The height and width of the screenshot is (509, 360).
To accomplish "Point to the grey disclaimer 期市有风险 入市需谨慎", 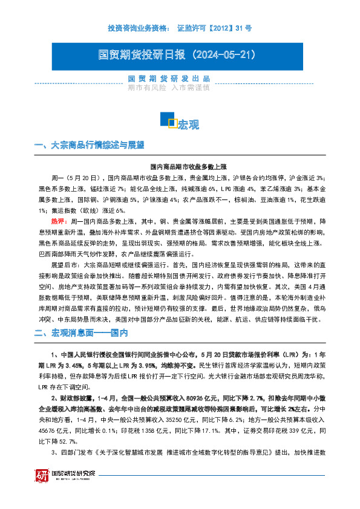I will (169, 88).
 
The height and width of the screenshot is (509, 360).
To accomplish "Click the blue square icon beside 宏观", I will (168, 120).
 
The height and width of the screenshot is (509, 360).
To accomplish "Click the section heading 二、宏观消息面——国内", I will (81, 332).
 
